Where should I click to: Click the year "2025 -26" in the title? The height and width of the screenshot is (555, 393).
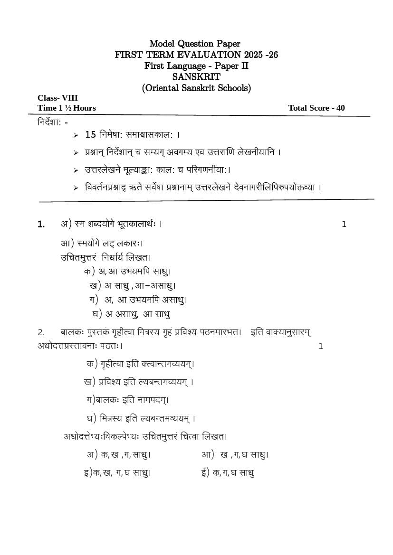(x=262, y=55)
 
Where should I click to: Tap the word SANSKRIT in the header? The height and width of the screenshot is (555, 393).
(x=196, y=77)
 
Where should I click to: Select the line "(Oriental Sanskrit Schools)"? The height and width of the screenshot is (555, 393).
(x=196, y=88)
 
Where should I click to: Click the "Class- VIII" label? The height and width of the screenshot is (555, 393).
(x=58, y=98)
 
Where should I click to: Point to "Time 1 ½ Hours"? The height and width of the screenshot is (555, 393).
(x=67, y=108)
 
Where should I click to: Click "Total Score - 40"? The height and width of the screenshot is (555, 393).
(x=316, y=108)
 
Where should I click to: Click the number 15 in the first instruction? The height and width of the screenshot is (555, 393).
(x=90, y=134)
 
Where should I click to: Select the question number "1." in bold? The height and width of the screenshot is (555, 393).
(x=41, y=224)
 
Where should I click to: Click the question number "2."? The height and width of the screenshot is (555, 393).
(x=41, y=332)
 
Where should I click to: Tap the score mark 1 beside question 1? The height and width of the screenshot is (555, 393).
(x=344, y=224)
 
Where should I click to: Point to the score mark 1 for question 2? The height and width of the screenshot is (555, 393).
(x=321, y=346)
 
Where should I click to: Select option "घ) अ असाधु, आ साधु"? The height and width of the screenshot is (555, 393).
(x=131, y=314)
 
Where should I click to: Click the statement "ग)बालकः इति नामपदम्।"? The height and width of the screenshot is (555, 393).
(x=127, y=400)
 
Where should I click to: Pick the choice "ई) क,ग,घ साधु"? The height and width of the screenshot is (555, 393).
(x=228, y=472)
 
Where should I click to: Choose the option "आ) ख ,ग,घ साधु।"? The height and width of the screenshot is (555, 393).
(x=235, y=454)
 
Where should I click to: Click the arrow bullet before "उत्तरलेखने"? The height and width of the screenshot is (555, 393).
(x=76, y=170)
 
